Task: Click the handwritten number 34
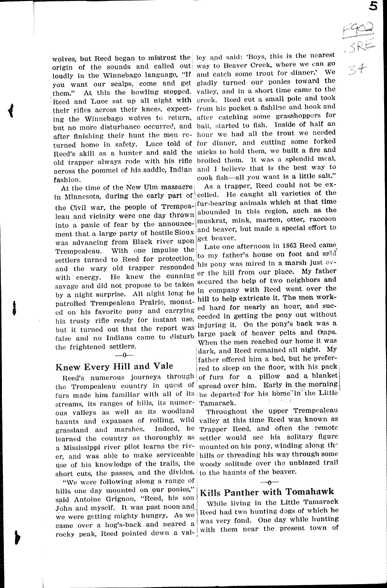point(359,72)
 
